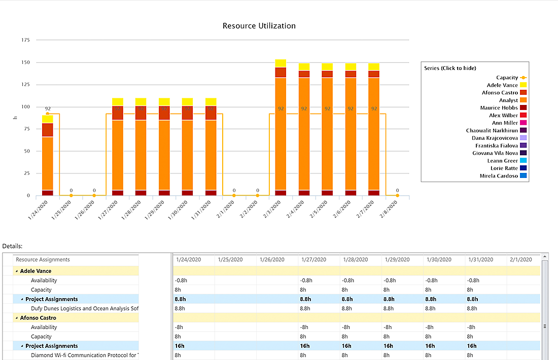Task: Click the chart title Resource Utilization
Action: coord(259,26)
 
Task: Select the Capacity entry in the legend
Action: coord(507,78)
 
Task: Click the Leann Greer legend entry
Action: coord(502,161)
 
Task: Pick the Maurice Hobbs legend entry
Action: coord(499,108)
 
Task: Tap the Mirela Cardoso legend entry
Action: coord(499,176)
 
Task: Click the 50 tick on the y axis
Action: coord(26,151)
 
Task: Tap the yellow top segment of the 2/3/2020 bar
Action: coord(281,63)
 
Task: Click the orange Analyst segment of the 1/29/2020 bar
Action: coord(164,152)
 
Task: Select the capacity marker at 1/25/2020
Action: coord(71,195)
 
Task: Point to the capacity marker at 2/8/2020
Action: coord(397,195)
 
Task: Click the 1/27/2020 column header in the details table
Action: coord(313,260)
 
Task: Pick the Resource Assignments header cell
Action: coord(43,260)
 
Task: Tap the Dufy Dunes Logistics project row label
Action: coord(84,308)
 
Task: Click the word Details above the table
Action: coord(12,246)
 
